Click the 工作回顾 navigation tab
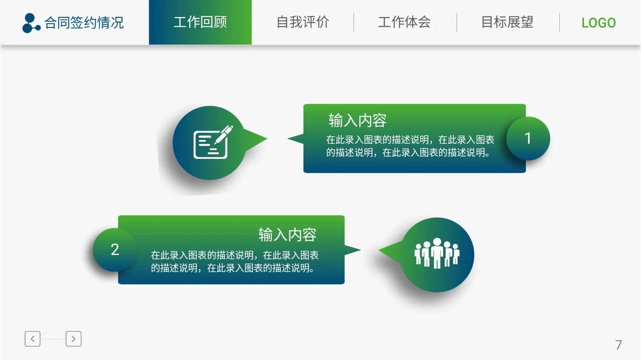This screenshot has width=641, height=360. pos(200,23)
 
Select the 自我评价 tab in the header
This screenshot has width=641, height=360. pos(302,23)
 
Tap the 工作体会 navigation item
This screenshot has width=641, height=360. pos(404,23)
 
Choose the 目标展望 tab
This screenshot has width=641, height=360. pos(507,23)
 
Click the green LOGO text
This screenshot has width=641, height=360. pos(598,23)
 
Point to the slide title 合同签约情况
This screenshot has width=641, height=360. pos(84,23)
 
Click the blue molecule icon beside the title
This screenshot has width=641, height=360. pos(31,23)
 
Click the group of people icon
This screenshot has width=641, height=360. pos(437,253)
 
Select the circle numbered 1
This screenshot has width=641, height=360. pos(528,139)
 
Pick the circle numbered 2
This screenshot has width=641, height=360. pos(115,249)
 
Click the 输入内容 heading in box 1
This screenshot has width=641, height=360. pos(358,121)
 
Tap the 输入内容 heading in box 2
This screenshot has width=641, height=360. pos(287,234)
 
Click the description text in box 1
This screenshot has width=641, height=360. pos(410,146)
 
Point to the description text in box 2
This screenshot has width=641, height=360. pos(235,261)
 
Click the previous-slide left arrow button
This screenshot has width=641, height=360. pos(33,339)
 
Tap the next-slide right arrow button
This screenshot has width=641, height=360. pos(74,339)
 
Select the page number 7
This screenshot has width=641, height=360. pos(618,345)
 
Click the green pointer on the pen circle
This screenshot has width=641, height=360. pos(255,139)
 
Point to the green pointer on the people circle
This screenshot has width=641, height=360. pos(391,250)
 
